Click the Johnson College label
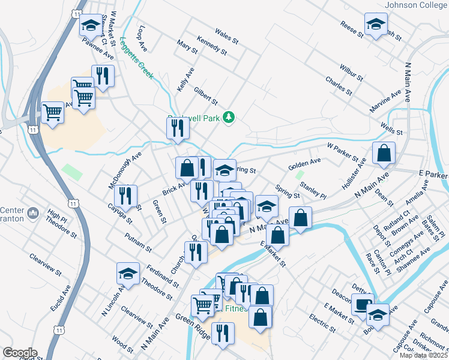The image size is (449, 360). (416, 5)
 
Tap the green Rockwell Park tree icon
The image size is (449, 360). (228, 117)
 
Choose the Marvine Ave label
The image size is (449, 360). (385, 102)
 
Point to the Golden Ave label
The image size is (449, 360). (304, 163)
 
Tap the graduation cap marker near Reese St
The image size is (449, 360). (375, 25)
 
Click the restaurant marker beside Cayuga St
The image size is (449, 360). (126, 195)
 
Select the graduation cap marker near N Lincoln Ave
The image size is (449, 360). (127, 274)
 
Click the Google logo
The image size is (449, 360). (20, 352)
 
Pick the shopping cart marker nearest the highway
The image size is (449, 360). (53, 112)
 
